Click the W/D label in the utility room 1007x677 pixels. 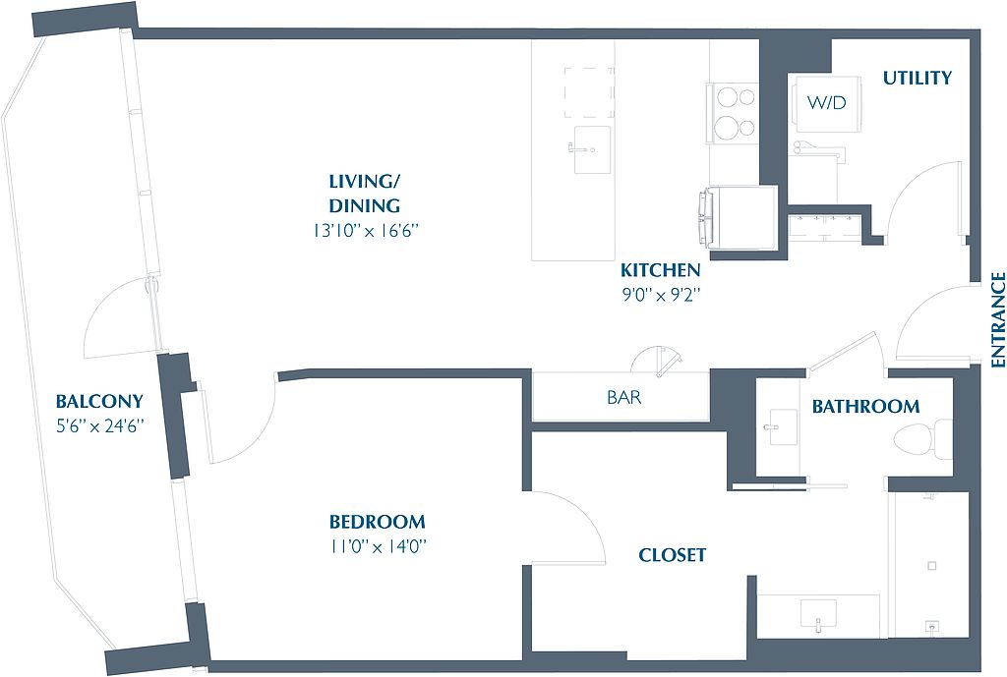[826, 102]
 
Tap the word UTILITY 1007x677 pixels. [918, 79]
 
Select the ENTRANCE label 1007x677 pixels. [997, 319]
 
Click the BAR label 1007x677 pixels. [623, 398]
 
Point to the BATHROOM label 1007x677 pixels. [865, 406]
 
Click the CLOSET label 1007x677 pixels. [673, 555]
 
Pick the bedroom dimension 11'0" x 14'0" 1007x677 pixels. [379, 546]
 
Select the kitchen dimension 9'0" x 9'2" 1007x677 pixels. [661, 295]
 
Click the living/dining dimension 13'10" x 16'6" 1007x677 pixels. [366, 230]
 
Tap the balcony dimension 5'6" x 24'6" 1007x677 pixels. [99, 426]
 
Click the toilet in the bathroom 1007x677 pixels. [922, 439]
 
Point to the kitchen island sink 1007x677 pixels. [591, 149]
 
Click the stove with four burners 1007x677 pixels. [733, 114]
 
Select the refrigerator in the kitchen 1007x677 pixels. [738, 219]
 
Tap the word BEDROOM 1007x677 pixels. [377, 522]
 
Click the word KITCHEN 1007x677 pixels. [660, 270]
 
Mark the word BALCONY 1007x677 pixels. [99, 402]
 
